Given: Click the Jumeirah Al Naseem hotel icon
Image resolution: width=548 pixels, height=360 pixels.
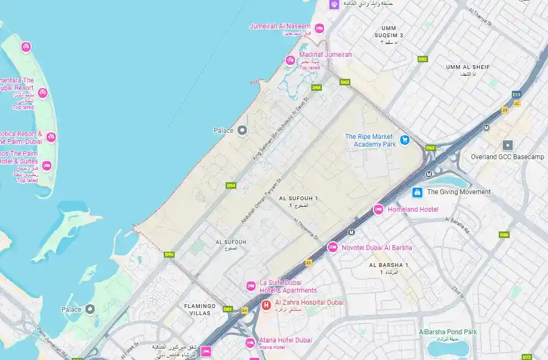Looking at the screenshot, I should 319,28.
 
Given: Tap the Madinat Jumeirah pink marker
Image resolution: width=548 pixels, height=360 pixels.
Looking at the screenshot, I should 290,60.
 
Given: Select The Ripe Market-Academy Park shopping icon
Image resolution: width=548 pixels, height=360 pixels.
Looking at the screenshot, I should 405,140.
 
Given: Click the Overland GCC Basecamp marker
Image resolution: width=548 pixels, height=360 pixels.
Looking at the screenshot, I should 507,145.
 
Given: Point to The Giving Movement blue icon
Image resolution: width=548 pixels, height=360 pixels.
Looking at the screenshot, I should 417,192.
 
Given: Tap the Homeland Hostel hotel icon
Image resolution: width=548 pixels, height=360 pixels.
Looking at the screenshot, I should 378,209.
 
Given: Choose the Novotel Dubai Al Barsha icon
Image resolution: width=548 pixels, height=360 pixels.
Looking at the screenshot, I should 332,247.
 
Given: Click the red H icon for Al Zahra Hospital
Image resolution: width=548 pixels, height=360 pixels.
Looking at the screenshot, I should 266,305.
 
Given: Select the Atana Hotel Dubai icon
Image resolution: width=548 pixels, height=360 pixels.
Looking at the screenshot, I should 250,343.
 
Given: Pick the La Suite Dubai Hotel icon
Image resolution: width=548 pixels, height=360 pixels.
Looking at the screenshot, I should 251,286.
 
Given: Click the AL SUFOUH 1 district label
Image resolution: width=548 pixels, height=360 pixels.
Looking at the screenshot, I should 298,198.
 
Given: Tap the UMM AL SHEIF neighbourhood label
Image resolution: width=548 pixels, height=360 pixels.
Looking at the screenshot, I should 468,67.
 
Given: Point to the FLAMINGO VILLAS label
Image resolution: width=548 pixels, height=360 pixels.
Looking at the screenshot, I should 197,310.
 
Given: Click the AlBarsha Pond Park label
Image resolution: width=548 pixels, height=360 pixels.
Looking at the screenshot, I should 448,332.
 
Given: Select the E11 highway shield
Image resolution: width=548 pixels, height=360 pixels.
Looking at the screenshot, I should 516,94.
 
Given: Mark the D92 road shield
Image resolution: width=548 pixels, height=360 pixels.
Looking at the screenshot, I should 422,59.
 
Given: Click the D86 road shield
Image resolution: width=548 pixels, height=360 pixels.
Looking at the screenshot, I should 504,235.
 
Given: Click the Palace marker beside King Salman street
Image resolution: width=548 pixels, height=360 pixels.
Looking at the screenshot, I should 242,130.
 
